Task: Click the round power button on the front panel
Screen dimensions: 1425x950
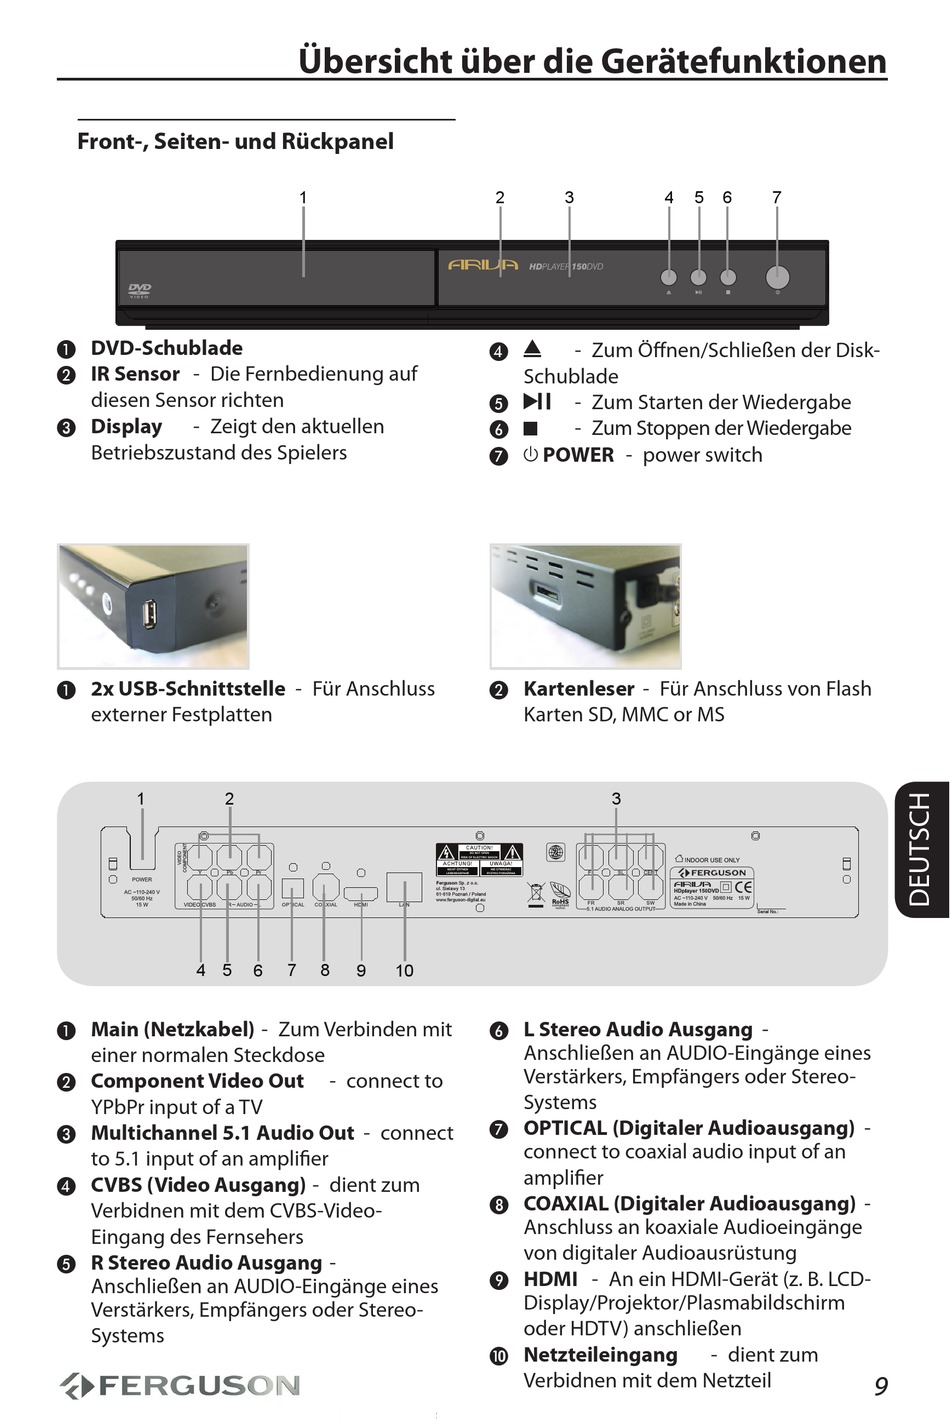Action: coord(777,277)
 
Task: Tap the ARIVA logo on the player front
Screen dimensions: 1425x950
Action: coord(483,266)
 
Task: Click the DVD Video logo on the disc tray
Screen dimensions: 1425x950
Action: coord(139,291)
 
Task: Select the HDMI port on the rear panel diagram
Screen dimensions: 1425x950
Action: coord(361,890)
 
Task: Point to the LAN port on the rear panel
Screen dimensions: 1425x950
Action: coord(404,886)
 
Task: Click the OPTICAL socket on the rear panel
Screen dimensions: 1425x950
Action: coord(292,887)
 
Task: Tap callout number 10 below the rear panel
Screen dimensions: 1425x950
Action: coord(404,970)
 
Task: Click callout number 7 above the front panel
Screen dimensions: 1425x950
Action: coord(777,197)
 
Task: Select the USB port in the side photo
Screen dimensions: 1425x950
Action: coord(149,613)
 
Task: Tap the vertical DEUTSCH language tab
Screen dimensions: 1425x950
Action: coord(920,849)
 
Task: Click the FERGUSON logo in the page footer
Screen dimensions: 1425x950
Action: coord(180,1385)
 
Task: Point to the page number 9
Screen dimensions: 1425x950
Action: coord(880,1385)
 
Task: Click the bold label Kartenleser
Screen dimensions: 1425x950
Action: coord(578,689)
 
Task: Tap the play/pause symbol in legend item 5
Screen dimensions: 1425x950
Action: coord(537,402)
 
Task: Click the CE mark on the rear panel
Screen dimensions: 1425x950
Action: coord(744,886)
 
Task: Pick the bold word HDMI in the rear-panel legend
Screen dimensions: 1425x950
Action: coord(550,1279)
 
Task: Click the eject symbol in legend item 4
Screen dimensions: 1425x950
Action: coord(532,349)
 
